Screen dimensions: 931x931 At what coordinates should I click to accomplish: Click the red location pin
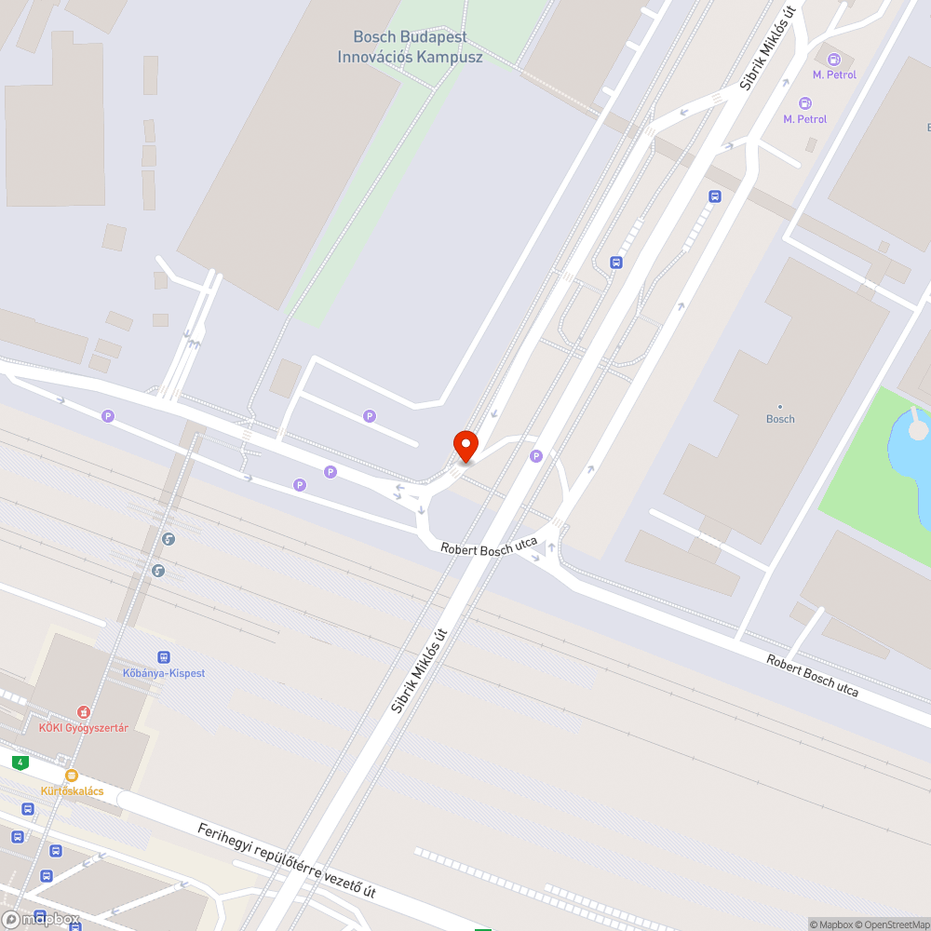click(x=465, y=446)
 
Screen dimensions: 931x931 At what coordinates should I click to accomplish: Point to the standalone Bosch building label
click(x=780, y=419)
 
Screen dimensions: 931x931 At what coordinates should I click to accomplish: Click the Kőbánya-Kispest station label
click(x=164, y=673)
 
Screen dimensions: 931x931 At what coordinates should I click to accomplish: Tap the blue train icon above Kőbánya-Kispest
click(x=164, y=657)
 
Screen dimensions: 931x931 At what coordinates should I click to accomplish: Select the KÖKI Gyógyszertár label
click(x=83, y=727)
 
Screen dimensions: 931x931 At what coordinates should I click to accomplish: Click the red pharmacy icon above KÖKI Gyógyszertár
click(x=83, y=711)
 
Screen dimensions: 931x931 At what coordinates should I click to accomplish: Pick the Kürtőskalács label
click(x=72, y=791)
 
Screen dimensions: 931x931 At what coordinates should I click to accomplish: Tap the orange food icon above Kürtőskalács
click(x=72, y=776)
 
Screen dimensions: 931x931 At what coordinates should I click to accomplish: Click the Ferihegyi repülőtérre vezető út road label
click(x=286, y=860)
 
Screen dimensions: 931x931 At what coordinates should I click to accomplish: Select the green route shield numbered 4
click(x=20, y=762)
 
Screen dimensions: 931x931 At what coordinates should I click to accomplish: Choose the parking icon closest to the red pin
click(x=535, y=455)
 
